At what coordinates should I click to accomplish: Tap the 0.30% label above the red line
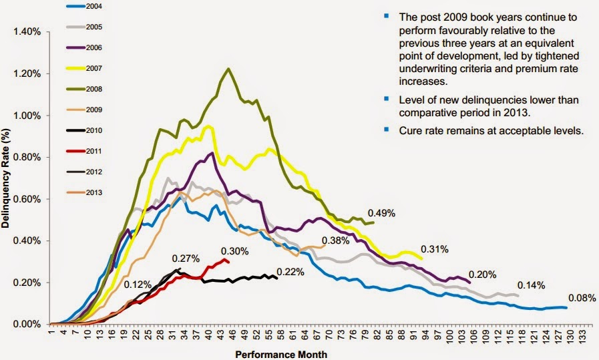coord(235,251)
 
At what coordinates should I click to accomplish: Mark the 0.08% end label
coord(582,298)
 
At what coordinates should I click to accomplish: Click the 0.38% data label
coord(337,240)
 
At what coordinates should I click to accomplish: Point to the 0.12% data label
coord(137,285)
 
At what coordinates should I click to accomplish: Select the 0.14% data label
coord(531,285)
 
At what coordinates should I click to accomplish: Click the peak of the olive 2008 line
coord(229,69)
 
